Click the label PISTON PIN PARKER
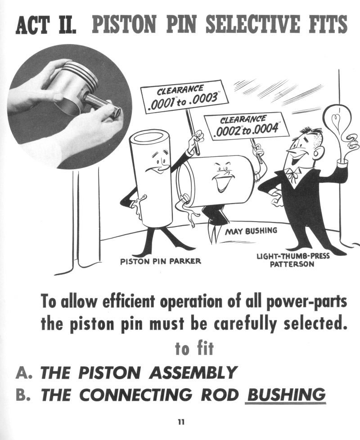coord(161,262)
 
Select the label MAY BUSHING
coord(251,231)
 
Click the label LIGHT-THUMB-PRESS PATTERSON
coord(293,260)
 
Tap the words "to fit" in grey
coord(194,348)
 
